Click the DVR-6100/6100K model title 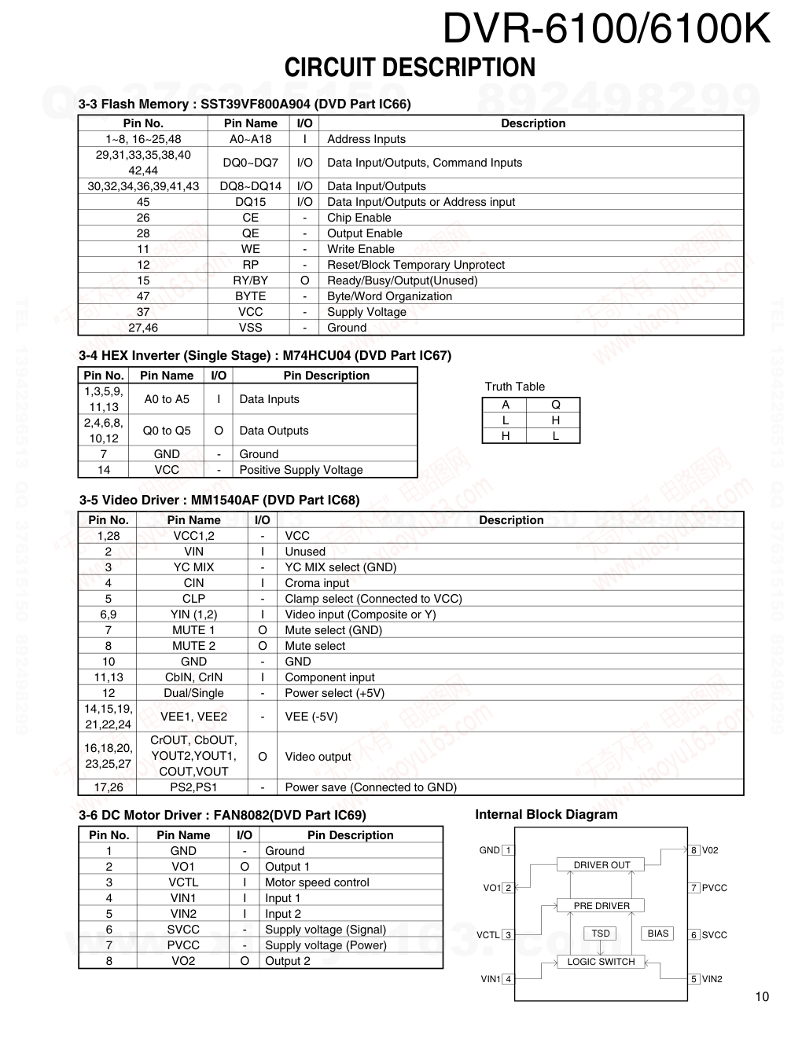point(606,30)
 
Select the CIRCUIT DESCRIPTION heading point(410,68)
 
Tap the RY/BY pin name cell point(250,281)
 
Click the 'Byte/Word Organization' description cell point(389,296)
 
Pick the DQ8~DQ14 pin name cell point(250,186)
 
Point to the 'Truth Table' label point(514,387)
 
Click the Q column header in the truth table point(555,405)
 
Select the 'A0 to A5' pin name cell point(167,399)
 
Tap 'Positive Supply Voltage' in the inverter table point(301,470)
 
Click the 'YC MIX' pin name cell point(193,567)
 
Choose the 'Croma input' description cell point(317,583)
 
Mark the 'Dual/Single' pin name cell point(193,693)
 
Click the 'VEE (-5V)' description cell point(311,717)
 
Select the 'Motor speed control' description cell point(317,882)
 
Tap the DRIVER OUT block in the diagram point(601,865)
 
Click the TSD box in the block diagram point(601,933)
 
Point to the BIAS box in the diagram point(657,933)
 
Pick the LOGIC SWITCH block point(601,962)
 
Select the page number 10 point(762,997)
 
